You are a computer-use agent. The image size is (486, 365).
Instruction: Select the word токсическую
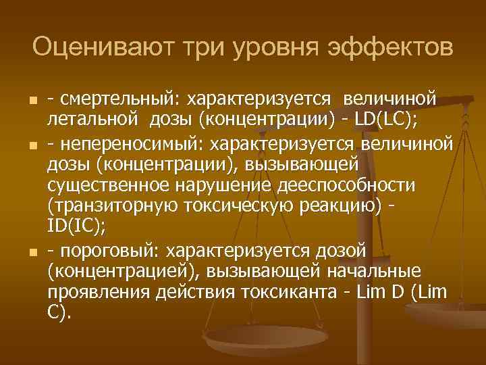click(242, 208)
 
